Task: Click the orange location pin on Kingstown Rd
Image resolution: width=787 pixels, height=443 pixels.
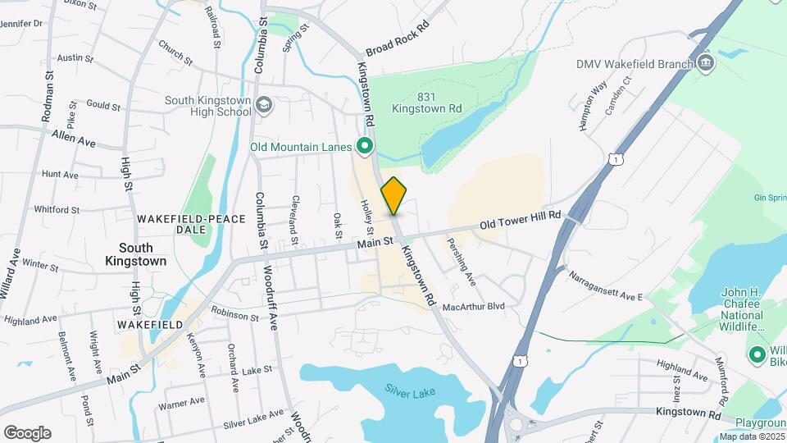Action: coord(393,194)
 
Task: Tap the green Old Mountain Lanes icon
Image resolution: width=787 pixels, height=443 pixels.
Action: coord(366,148)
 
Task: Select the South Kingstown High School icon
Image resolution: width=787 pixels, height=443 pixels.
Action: coord(264,105)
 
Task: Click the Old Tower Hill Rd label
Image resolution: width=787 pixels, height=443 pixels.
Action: coord(521,219)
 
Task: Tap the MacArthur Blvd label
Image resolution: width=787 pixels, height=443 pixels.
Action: coord(473,307)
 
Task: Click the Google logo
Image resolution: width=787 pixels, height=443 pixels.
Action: coord(27,432)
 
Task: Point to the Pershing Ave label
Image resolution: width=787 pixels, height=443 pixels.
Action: coord(461,262)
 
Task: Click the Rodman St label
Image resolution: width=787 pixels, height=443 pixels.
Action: coord(48,96)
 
